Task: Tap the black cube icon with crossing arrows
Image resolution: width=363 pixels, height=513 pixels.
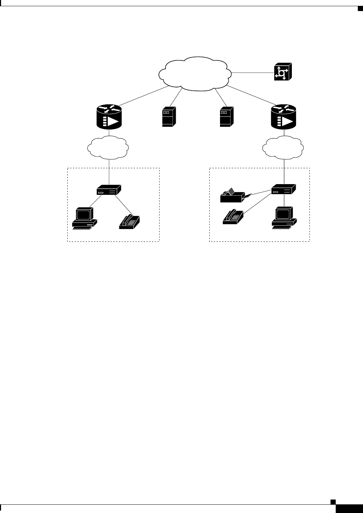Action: click(283, 72)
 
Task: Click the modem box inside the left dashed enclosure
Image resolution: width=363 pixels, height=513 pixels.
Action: click(109, 189)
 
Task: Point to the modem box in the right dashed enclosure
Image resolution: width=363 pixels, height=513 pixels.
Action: click(284, 189)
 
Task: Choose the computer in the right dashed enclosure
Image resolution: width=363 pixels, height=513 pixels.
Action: click(284, 218)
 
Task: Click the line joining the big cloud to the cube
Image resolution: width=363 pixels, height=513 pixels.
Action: click(252, 73)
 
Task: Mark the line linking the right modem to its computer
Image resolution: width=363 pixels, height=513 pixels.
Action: click(284, 200)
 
